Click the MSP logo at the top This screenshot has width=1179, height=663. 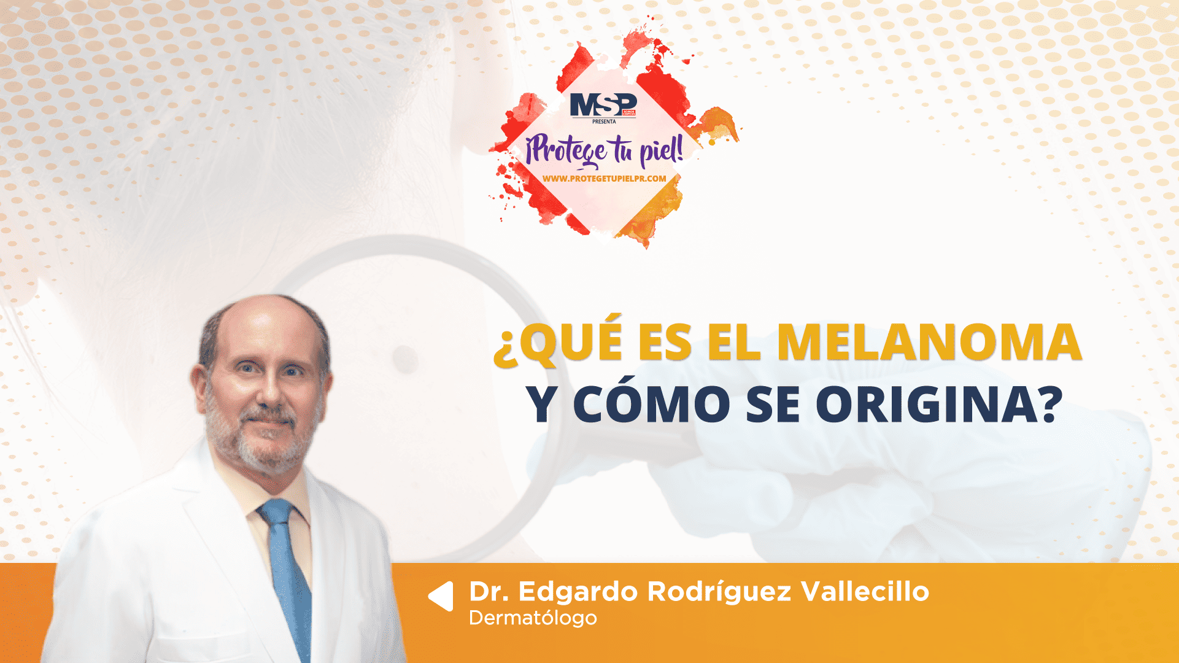pos(603,105)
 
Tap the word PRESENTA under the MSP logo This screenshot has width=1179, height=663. pos(604,122)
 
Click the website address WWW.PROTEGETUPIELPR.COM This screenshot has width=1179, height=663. pos(604,179)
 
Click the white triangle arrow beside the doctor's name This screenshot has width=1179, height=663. pos(441,596)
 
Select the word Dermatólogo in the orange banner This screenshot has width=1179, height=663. pos(533,618)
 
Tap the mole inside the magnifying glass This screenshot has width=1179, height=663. pos(405,359)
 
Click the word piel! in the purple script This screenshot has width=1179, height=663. pos(662,151)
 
